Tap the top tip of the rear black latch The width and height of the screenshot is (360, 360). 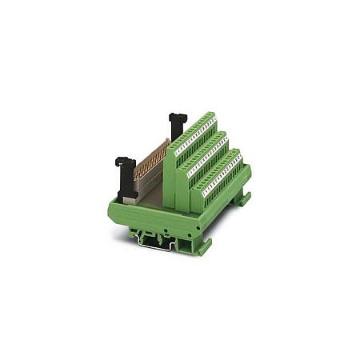coord(172,117)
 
